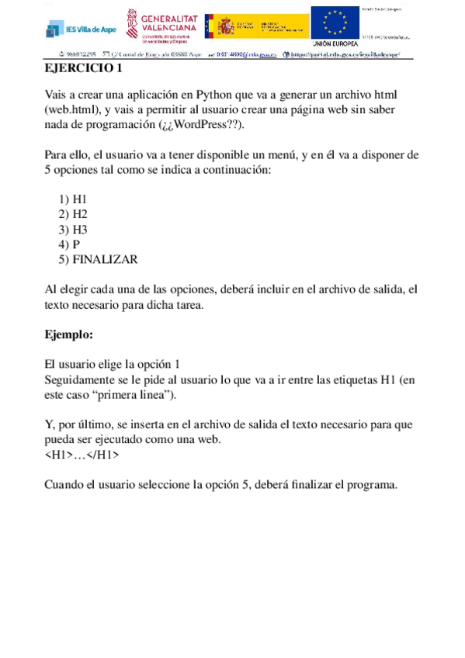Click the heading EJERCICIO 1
coord(84,68)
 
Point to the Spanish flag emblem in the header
coord(224,28)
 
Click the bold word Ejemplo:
coord(69,335)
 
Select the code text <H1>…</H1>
coord(82,455)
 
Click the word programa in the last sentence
coord(370,485)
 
